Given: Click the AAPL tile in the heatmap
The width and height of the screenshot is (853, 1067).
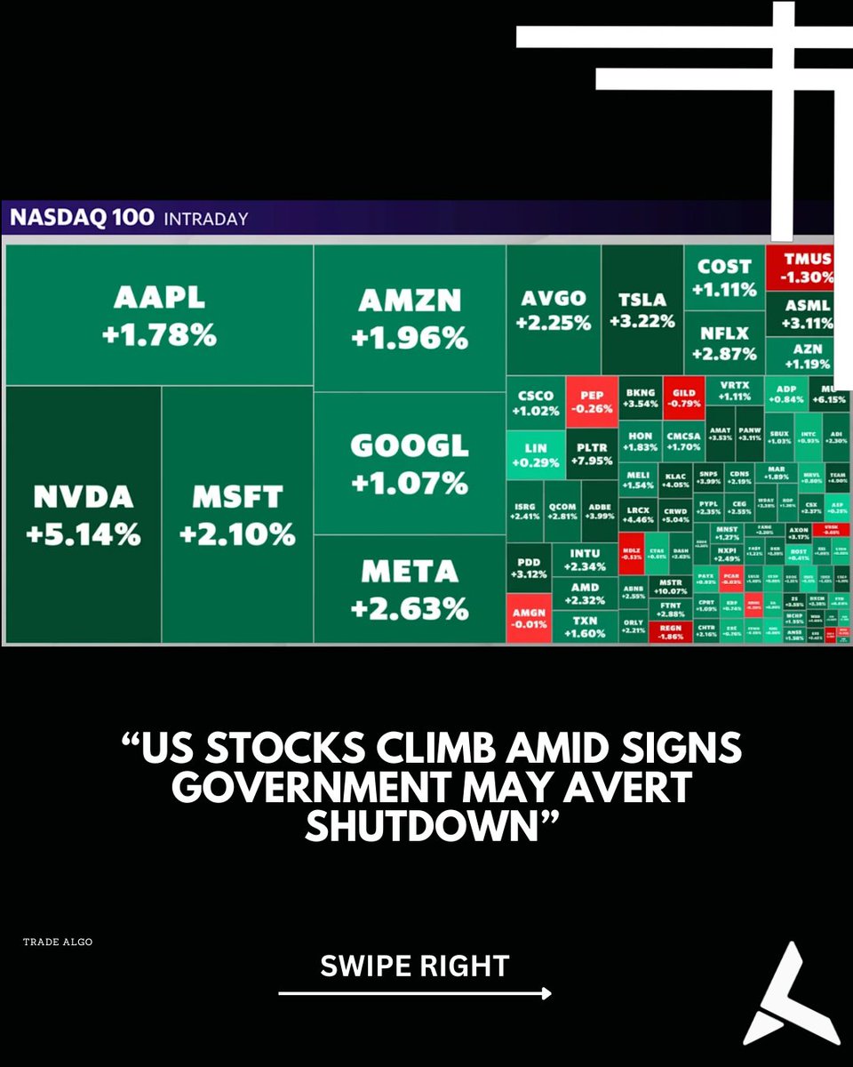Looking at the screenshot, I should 159,316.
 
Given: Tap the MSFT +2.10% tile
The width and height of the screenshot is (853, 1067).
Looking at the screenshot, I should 237,514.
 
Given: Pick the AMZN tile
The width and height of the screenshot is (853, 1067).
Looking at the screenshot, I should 410,317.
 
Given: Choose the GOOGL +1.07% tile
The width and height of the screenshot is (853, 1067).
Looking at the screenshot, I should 410,462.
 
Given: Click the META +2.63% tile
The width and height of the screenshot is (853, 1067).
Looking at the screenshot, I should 410,589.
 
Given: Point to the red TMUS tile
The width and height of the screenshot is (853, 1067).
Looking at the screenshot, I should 800,267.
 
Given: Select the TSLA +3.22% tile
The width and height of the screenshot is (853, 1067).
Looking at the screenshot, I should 642,309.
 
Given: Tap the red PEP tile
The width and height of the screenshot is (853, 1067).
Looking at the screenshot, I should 591,402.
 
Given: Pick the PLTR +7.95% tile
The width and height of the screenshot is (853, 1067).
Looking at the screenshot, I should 591,453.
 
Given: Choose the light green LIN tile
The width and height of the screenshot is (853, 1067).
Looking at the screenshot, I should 536,454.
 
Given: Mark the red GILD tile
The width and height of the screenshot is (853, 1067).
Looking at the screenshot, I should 684,397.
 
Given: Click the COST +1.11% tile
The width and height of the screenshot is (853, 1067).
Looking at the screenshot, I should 724,277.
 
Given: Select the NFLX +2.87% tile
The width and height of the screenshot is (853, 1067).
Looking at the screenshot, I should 724,342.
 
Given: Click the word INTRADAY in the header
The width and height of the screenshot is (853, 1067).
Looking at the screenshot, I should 206,218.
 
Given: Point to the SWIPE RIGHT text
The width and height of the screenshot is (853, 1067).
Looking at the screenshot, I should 414,966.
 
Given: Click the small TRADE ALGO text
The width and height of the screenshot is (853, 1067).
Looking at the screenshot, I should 58,941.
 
